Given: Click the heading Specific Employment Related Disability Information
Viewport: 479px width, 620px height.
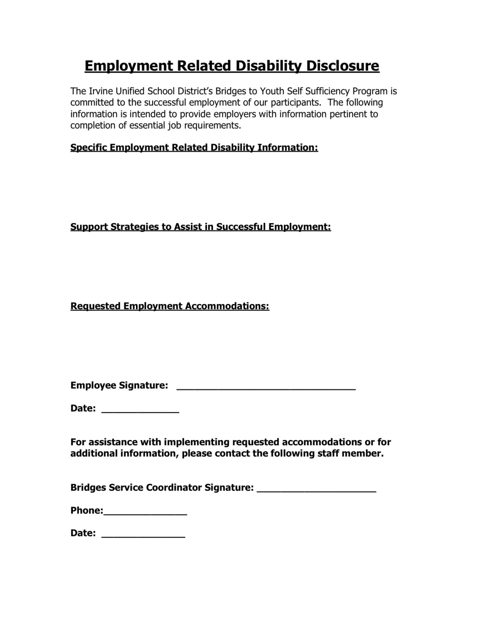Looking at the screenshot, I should [194, 147].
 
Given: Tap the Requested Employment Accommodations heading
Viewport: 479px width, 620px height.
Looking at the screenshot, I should [170, 306].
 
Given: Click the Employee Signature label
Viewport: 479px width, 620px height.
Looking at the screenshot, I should [119, 385].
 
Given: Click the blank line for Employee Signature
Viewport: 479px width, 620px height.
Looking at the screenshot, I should [266, 387].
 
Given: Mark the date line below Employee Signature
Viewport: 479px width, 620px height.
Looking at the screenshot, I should [140, 411].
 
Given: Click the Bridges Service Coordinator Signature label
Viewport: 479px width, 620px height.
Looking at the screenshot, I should [162, 488].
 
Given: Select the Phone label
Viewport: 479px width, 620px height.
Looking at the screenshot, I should [86, 511].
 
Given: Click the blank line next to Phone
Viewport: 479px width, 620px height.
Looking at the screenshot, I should [145, 513].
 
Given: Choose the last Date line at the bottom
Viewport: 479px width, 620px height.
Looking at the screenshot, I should [143, 535].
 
